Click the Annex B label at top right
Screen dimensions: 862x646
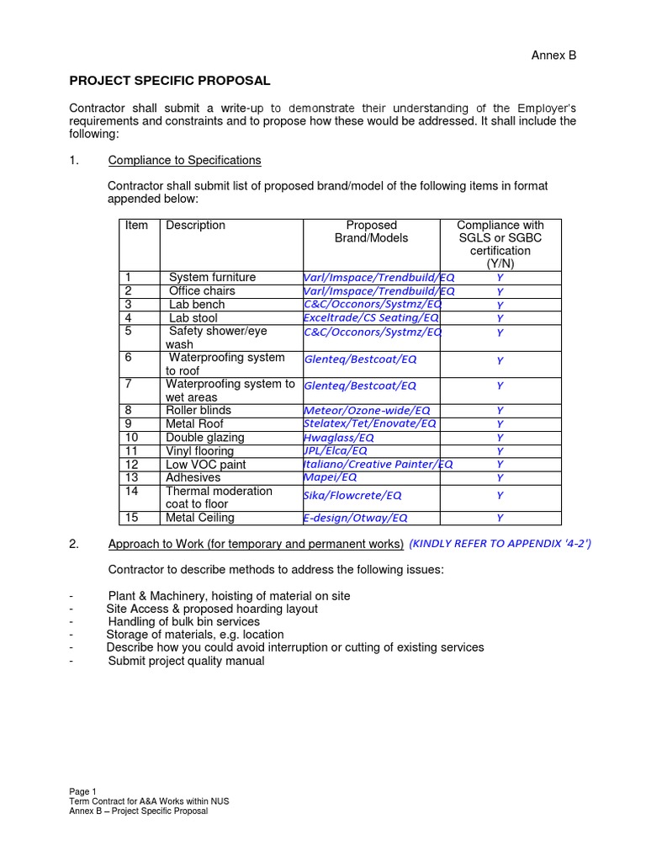[553, 56]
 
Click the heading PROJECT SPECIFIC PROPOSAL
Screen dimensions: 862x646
[169, 81]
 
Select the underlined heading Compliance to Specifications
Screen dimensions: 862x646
[184, 160]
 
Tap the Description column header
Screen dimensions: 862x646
[195, 226]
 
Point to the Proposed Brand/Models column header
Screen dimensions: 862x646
[371, 231]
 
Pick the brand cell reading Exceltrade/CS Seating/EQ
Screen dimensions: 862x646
[371, 318]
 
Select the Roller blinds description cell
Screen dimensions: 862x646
[199, 411]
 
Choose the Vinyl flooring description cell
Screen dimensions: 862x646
[199, 451]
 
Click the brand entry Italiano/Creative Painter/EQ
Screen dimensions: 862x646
[377, 465]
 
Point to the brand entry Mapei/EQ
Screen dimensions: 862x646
[330, 478]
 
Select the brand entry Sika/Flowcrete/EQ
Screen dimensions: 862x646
[352, 496]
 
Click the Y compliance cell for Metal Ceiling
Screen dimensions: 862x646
[500, 519]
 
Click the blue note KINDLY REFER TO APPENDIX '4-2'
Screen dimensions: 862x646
[500, 544]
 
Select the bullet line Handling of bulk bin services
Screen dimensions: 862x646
[184, 621]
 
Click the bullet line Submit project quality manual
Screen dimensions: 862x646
[186, 662]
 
